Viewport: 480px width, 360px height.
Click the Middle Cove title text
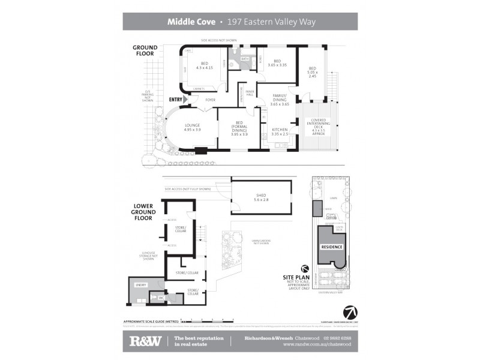tap(192, 22)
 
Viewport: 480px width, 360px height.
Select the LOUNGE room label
tap(192, 127)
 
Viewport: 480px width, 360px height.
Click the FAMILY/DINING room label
tap(280, 99)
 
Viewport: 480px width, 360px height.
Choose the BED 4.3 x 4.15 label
tap(204, 65)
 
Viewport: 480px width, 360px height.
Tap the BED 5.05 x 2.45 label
tap(312, 71)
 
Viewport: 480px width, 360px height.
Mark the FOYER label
tap(211, 100)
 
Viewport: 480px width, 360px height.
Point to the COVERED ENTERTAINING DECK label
tap(318, 127)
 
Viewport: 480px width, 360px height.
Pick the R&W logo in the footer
tap(145, 341)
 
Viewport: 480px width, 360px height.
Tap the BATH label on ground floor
tap(245, 59)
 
